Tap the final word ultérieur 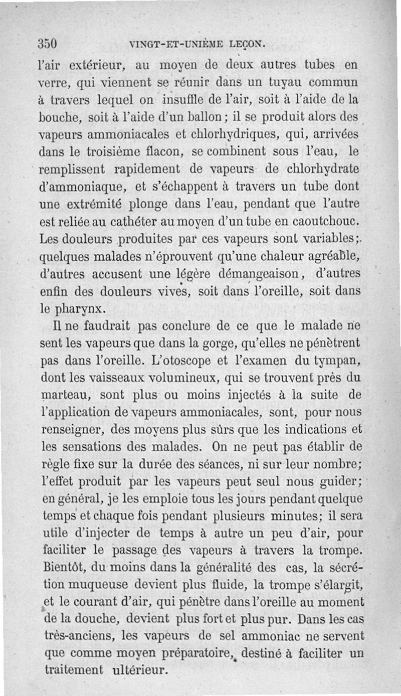141,670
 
